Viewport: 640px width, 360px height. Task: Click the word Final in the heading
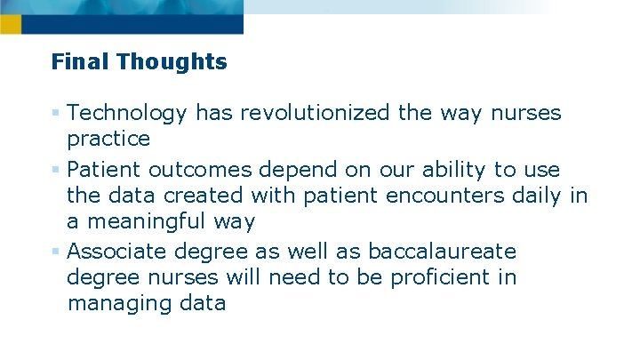click(81, 62)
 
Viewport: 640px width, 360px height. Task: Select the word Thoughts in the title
click(172, 62)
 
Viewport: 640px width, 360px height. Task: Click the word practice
click(108, 140)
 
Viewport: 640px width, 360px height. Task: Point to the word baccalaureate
click(442, 250)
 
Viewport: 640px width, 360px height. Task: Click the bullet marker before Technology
click(56, 113)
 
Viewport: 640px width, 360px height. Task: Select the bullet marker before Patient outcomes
click(56, 168)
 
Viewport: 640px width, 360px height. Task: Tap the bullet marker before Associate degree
click(56, 250)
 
